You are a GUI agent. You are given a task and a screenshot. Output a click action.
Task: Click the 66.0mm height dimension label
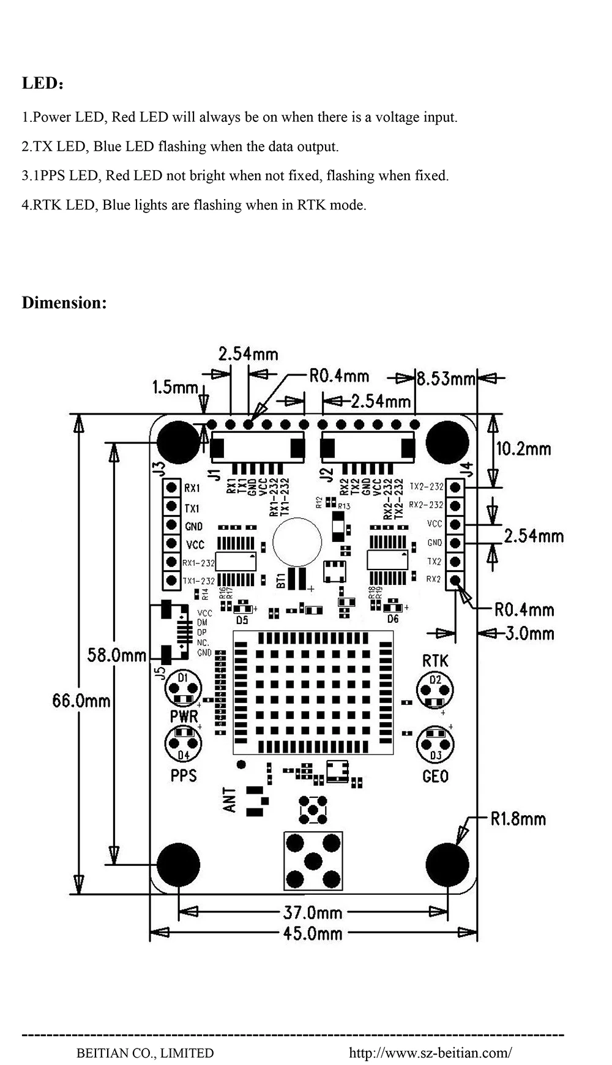[x=81, y=700]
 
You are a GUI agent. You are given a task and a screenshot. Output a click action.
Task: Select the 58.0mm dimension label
[x=116, y=655]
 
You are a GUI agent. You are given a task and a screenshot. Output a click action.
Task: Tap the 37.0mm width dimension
[x=312, y=913]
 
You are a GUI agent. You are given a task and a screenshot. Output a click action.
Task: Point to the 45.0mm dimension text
[x=312, y=933]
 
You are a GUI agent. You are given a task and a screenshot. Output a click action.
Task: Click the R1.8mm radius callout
[x=518, y=819]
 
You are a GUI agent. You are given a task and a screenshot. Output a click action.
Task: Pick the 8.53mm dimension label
[x=446, y=379]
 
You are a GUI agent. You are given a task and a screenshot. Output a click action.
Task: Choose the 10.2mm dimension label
[x=523, y=449]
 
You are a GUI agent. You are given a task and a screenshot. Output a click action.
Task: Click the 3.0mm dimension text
[x=529, y=633]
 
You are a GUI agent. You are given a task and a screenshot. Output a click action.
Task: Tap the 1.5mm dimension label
[x=175, y=387]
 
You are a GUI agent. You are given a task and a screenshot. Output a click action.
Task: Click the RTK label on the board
[x=435, y=661]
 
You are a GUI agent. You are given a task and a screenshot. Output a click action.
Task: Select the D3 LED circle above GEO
[x=435, y=744]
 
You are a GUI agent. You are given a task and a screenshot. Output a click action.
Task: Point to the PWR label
[x=184, y=716]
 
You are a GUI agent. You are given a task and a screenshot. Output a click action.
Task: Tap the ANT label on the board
[x=229, y=800]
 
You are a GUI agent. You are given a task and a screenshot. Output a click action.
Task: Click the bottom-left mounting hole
[x=178, y=864]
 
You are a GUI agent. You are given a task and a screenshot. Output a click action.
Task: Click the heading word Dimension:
[x=64, y=303]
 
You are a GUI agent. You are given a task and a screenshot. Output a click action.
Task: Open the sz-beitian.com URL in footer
[x=430, y=1053]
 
